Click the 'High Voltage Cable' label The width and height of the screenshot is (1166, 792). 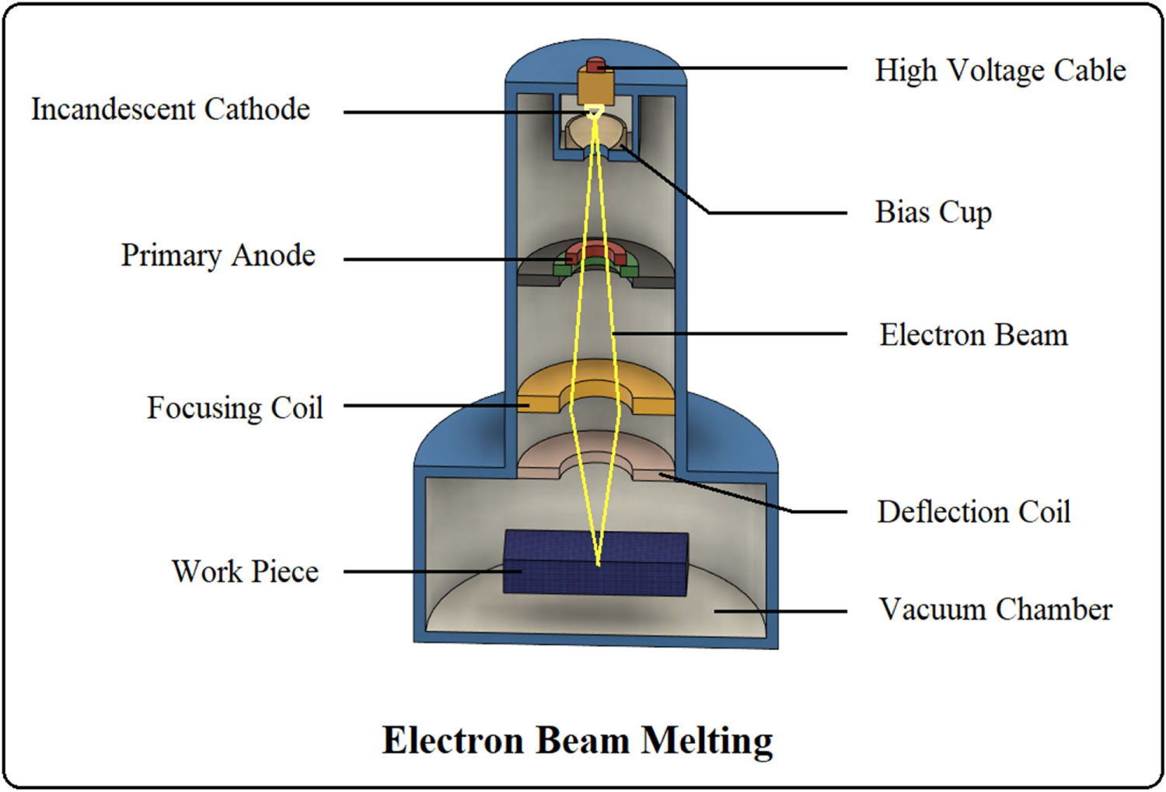[1000, 70]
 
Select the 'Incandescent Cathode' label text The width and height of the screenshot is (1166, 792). [170, 110]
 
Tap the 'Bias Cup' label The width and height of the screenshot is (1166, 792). [933, 211]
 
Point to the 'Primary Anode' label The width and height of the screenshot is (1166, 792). [218, 256]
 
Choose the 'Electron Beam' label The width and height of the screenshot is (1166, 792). [973, 335]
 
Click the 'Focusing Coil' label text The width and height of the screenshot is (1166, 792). [235, 407]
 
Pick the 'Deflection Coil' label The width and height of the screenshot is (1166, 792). [973, 512]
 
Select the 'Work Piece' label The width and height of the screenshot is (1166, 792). [245, 571]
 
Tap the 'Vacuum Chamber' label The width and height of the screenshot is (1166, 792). [995, 609]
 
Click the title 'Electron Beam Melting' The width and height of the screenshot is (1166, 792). [578, 740]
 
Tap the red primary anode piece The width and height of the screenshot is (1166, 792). [595, 251]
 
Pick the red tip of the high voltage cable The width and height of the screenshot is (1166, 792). [595, 64]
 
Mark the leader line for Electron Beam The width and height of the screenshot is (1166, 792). [731, 334]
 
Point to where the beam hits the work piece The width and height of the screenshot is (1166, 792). [598, 563]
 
